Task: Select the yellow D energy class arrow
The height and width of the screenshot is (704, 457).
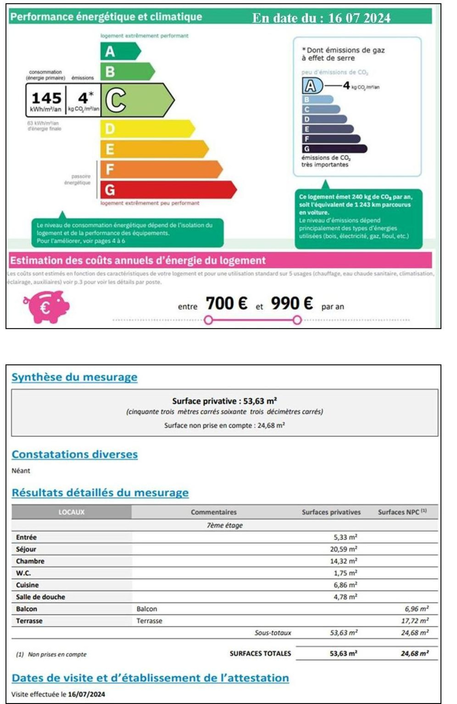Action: pyautogui.click(x=147, y=129)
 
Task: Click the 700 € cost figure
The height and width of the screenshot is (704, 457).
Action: pyautogui.click(x=226, y=303)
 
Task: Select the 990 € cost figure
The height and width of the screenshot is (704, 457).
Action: pyautogui.click(x=292, y=303)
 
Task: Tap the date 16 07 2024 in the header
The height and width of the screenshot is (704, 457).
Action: pyautogui.click(x=359, y=18)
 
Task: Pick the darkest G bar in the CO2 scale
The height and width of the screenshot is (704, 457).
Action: pyautogui.click(x=334, y=149)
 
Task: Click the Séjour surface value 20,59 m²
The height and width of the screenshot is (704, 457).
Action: pyautogui.click(x=343, y=549)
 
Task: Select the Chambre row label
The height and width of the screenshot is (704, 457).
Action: pyautogui.click(x=30, y=561)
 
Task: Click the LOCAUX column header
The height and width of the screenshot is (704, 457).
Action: pyautogui.click(x=71, y=512)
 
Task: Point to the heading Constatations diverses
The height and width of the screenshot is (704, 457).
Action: pyautogui.click(x=75, y=454)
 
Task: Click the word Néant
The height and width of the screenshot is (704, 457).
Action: pyautogui.click(x=21, y=471)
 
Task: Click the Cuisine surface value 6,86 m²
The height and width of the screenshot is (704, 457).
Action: pyautogui.click(x=345, y=585)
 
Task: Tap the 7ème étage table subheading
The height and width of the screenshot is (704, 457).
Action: pyautogui.click(x=225, y=525)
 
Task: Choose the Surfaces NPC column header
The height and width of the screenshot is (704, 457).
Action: pyautogui.click(x=402, y=512)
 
